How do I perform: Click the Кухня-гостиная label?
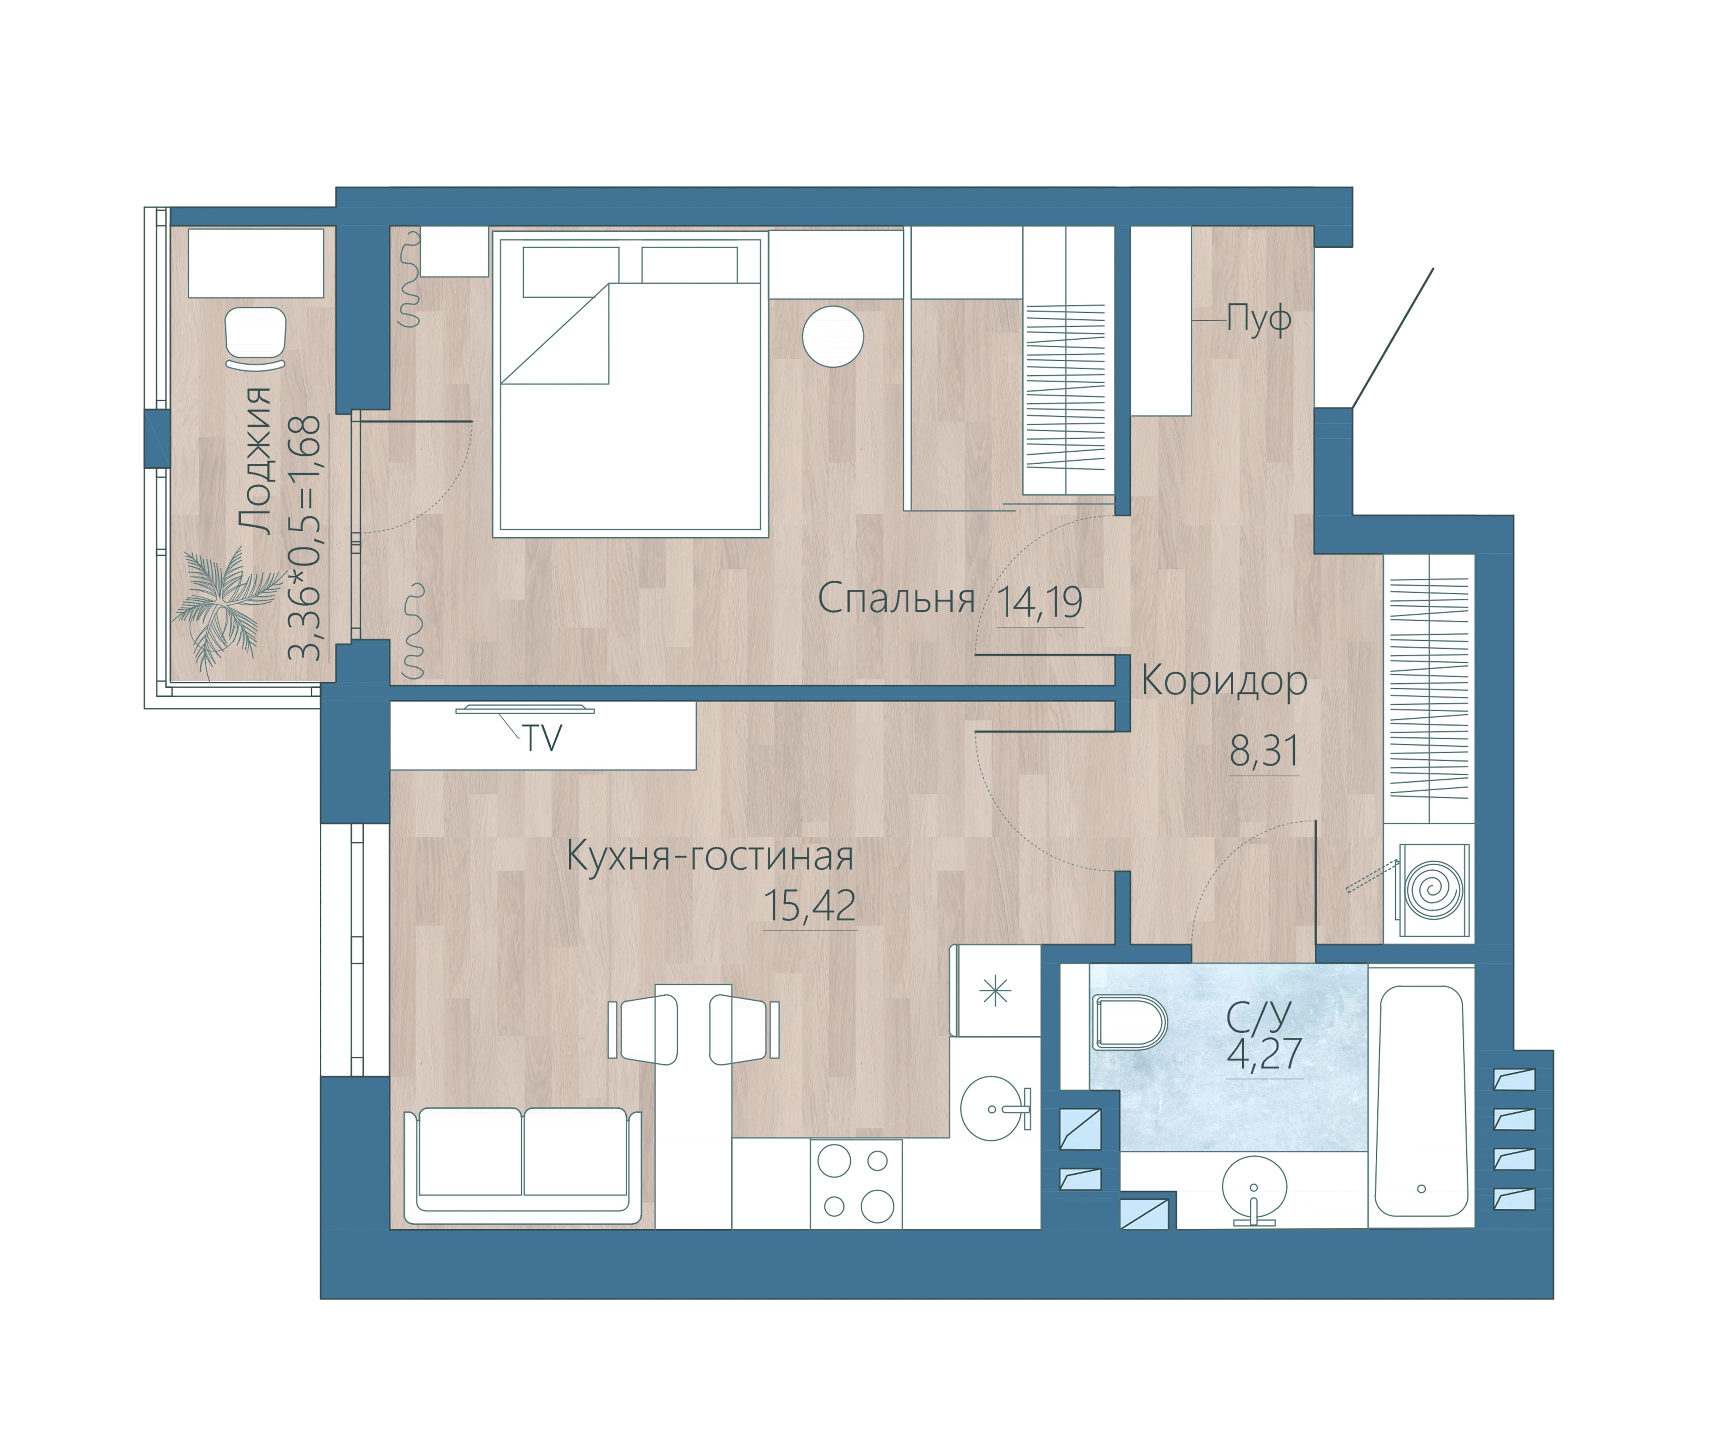pyautogui.click(x=710, y=857)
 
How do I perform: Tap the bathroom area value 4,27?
pyautogui.click(x=1264, y=1053)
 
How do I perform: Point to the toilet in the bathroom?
pyautogui.click(x=1130, y=1022)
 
